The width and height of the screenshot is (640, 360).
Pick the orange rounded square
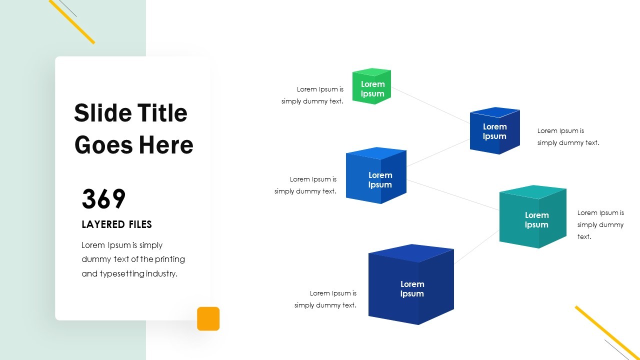[208, 318]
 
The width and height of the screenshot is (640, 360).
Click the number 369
[103, 199]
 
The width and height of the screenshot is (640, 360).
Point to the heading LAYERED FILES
[116, 224]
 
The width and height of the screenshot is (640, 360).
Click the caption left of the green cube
[312, 95]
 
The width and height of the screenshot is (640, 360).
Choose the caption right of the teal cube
[600, 224]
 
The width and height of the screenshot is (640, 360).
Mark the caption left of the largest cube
[325, 299]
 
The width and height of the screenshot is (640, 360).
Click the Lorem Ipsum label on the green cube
[372, 89]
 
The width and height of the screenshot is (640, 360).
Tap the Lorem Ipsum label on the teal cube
[536, 220]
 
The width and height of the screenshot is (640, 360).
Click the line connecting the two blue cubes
[438, 152]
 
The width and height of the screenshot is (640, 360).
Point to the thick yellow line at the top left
[72, 22]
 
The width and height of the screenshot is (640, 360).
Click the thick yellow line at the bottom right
[607, 332]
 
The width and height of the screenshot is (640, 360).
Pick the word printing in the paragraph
[170, 259]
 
